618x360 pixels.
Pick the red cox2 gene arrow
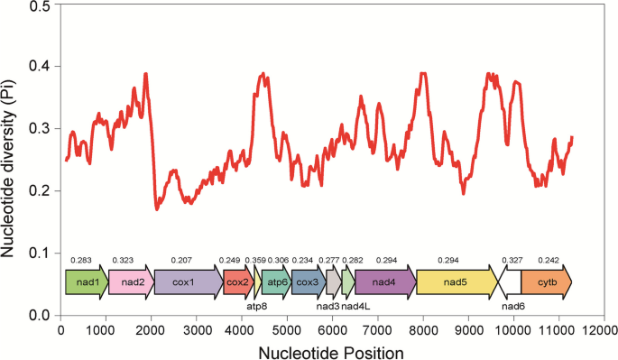coord(238,282)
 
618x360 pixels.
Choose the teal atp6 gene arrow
coord(275,282)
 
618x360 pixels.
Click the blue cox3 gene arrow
coord(307,282)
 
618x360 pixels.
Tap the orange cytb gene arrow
coord(547,282)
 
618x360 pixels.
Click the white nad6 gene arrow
coord(511,282)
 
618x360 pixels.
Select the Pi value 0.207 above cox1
coord(181,260)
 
